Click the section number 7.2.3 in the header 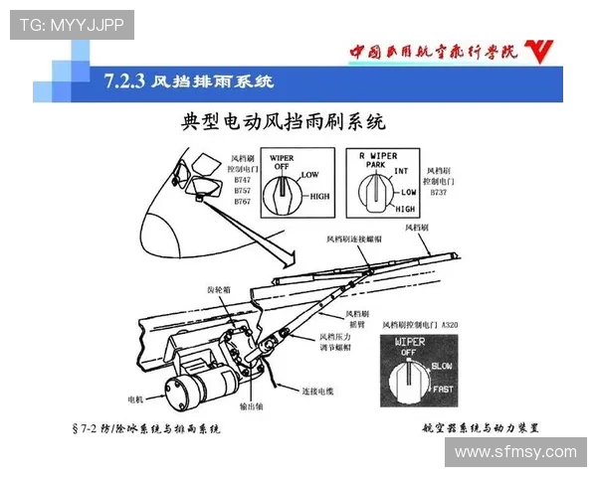(x=124, y=80)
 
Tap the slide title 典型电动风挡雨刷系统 (x=284, y=122)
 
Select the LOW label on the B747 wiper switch (x=309, y=176)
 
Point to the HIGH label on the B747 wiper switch (x=319, y=196)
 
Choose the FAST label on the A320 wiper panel (x=443, y=389)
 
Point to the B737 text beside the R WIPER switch (x=438, y=192)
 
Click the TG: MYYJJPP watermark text (x=72, y=25)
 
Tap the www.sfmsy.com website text (x=515, y=452)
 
